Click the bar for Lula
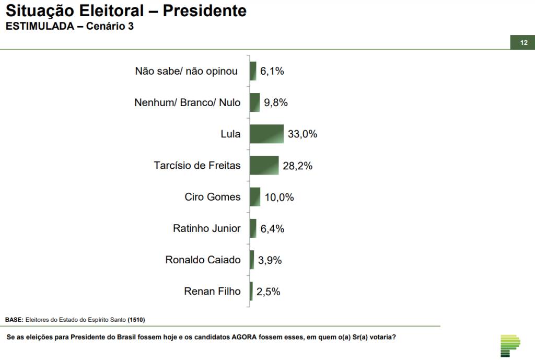click(x=266, y=134)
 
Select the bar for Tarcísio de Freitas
click(x=264, y=165)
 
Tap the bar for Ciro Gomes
click(x=255, y=196)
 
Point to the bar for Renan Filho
click(x=251, y=291)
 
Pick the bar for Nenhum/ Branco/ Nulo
click(x=254, y=102)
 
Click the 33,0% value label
click(x=303, y=134)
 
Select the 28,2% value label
click(x=298, y=166)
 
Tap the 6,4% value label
click(x=272, y=228)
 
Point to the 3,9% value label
click(x=270, y=260)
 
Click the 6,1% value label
click(x=272, y=71)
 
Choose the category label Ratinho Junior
click(x=207, y=228)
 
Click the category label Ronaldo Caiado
click(x=203, y=260)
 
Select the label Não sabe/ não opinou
click(x=187, y=71)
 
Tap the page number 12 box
click(x=522, y=43)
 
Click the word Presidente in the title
click(x=205, y=10)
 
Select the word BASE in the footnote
click(x=14, y=319)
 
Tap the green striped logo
click(x=510, y=345)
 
